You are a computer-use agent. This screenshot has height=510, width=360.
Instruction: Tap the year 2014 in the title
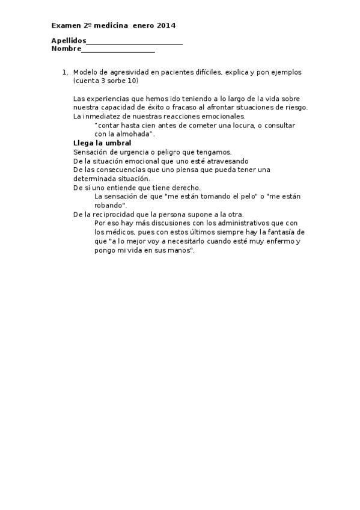166,25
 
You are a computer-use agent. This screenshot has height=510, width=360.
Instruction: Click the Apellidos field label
69,41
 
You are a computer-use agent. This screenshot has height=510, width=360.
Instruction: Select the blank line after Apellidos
134,42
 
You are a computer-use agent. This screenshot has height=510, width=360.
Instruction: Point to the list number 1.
65,72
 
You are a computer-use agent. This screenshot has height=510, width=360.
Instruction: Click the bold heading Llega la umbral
102,143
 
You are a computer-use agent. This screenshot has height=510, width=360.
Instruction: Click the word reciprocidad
114,214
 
